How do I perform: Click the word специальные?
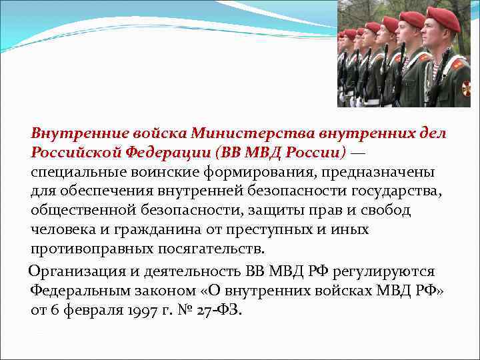point(74,172)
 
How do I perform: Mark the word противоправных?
point(88,249)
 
